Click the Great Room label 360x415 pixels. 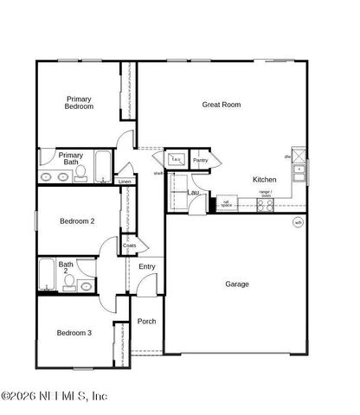222,105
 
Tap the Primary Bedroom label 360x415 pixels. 80,103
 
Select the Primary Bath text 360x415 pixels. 71,158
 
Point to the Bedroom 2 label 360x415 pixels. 77,221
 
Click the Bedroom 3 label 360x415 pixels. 74,333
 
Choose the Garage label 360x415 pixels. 237,284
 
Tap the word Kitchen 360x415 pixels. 265,180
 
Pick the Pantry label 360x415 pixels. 201,160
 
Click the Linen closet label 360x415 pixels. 125,182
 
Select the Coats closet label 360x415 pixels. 130,246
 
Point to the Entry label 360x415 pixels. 147,266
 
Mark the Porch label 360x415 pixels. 147,321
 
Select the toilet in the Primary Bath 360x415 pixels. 80,175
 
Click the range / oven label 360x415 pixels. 266,194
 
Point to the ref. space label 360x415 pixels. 227,204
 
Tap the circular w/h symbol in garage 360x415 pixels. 298,222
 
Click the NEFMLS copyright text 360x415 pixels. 54,397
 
